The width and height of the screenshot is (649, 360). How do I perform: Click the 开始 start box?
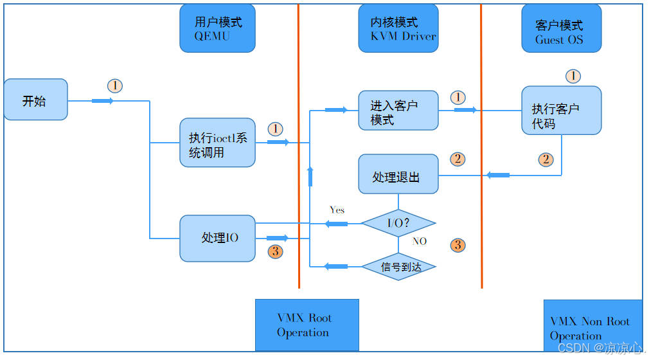pos(35,100)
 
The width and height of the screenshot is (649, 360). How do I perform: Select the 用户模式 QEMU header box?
pos(217,28)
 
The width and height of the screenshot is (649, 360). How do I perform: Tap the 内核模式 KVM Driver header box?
pos(398,28)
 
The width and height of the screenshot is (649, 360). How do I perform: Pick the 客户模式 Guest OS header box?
pos(561,28)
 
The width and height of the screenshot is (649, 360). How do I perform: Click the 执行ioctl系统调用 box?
pos(217,143)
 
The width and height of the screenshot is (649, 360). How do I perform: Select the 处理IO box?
pos(217,238)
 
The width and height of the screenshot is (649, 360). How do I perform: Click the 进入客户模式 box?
pos(398,111)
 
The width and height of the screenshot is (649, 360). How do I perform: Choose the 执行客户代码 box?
pos(561,111)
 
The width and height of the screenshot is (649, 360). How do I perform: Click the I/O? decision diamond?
pos(398,224)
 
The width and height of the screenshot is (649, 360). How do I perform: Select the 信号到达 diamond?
pos(398,266)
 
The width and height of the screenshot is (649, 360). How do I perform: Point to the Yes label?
pos(337,210)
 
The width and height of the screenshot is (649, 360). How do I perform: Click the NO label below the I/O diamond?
pos(419,242)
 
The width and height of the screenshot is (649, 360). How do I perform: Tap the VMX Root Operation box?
pos(307,325)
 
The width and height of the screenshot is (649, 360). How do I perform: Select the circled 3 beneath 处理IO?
pos(275,251)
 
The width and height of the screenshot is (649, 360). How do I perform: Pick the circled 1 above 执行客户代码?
pos(573,76)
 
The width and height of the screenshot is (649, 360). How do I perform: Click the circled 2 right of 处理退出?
pos(458,159)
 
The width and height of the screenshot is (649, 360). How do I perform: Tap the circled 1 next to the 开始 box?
pos(114,85)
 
